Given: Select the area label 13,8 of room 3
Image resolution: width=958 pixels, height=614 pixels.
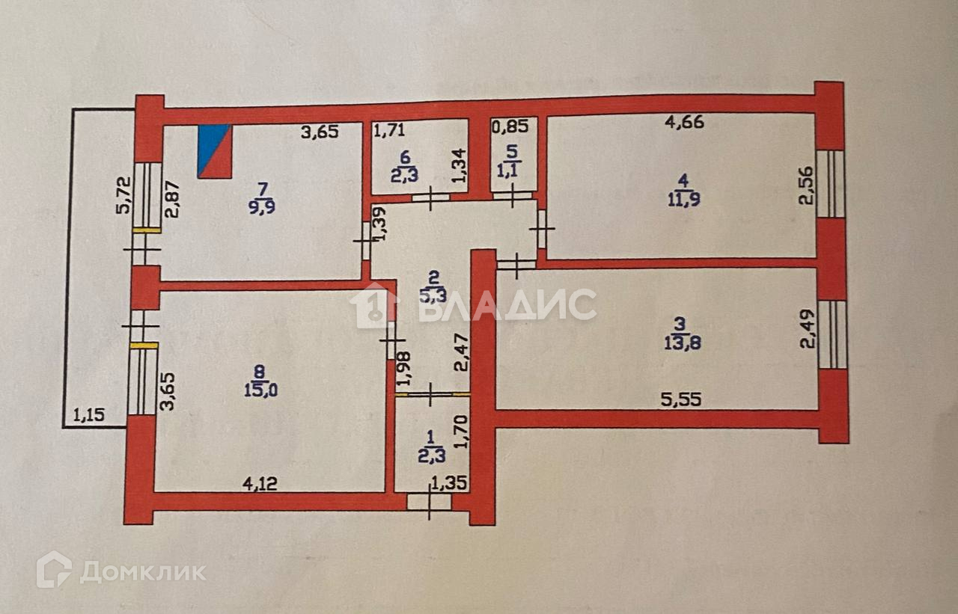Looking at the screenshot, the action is [678, 345].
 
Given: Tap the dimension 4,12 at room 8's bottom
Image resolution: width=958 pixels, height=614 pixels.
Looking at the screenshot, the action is [259, 484].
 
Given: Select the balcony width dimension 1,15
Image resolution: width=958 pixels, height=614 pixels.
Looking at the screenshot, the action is [89, 413].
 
